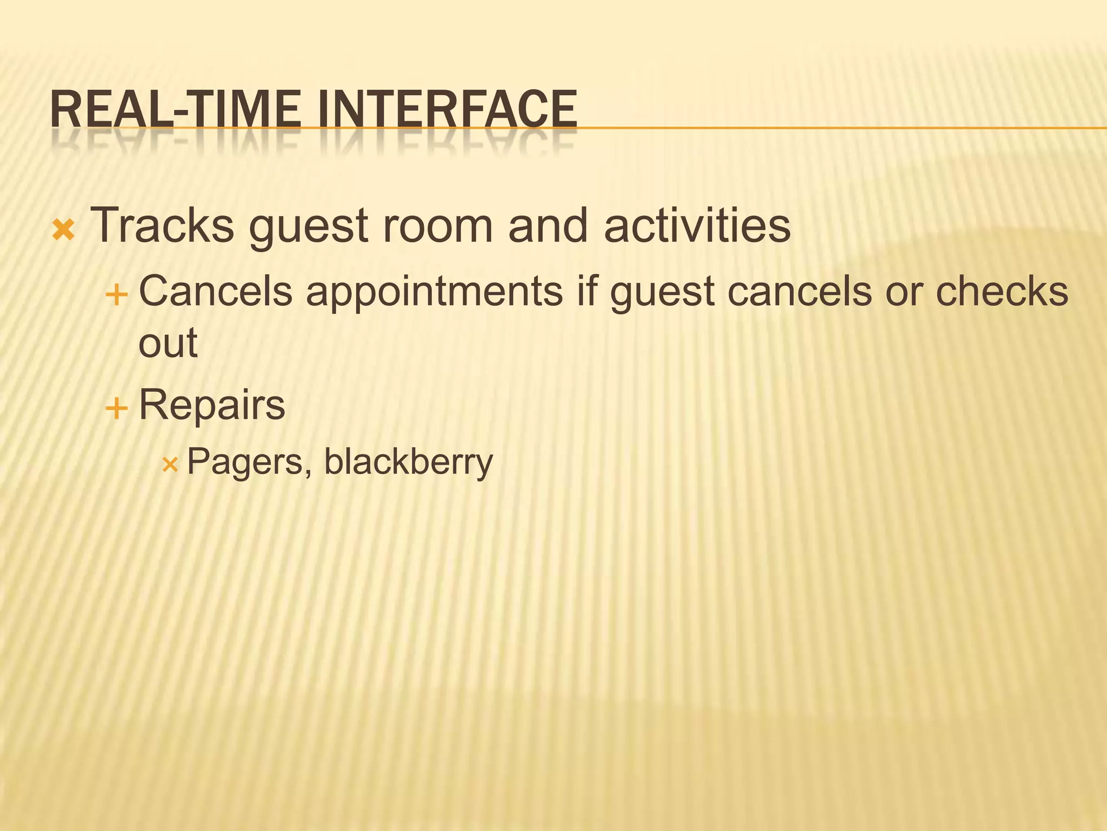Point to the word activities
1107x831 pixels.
pyautogui.click(x=697, y=225)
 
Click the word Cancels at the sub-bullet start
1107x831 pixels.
pyautogui.click(x=216, y=291)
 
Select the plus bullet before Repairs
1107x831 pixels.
pyautogui.click(x=116, y=408)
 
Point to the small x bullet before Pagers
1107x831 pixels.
pyautogui.click(x=170, y=465)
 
